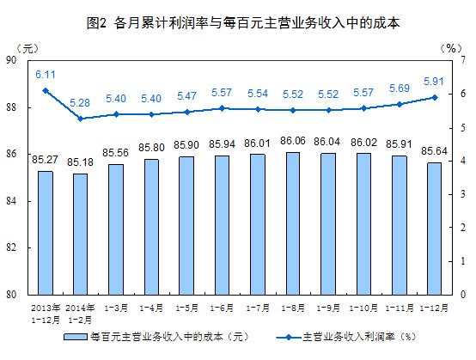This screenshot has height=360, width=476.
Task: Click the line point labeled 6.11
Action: [x=46, y=90]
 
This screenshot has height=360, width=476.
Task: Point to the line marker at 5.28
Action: [x=81, y=119]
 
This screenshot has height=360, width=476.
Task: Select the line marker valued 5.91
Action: [x=434, y=97]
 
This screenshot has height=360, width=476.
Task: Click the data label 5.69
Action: [x=399, y=88]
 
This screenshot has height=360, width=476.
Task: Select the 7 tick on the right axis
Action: [x=463, y=61]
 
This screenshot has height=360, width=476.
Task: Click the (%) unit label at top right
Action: [x=449, y=46]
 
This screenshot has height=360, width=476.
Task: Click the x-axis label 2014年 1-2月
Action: [x=81, y=312]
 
